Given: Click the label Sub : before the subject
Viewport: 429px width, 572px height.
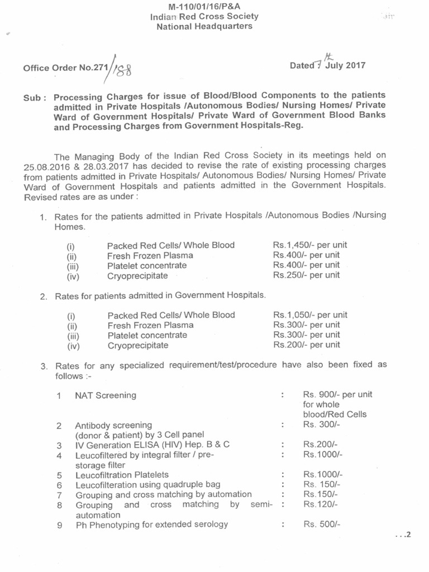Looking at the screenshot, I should [x=35, y=97].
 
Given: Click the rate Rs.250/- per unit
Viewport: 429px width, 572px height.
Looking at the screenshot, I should [x=306, y=275].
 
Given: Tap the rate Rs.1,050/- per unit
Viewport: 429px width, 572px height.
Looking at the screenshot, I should [x=310, y=314].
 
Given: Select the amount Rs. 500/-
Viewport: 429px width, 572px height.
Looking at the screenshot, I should [x=322, y=524].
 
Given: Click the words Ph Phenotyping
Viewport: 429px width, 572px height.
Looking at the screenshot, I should [x=105, y=525].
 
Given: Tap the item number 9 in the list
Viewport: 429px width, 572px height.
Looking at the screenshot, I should [x=59, y=525].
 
